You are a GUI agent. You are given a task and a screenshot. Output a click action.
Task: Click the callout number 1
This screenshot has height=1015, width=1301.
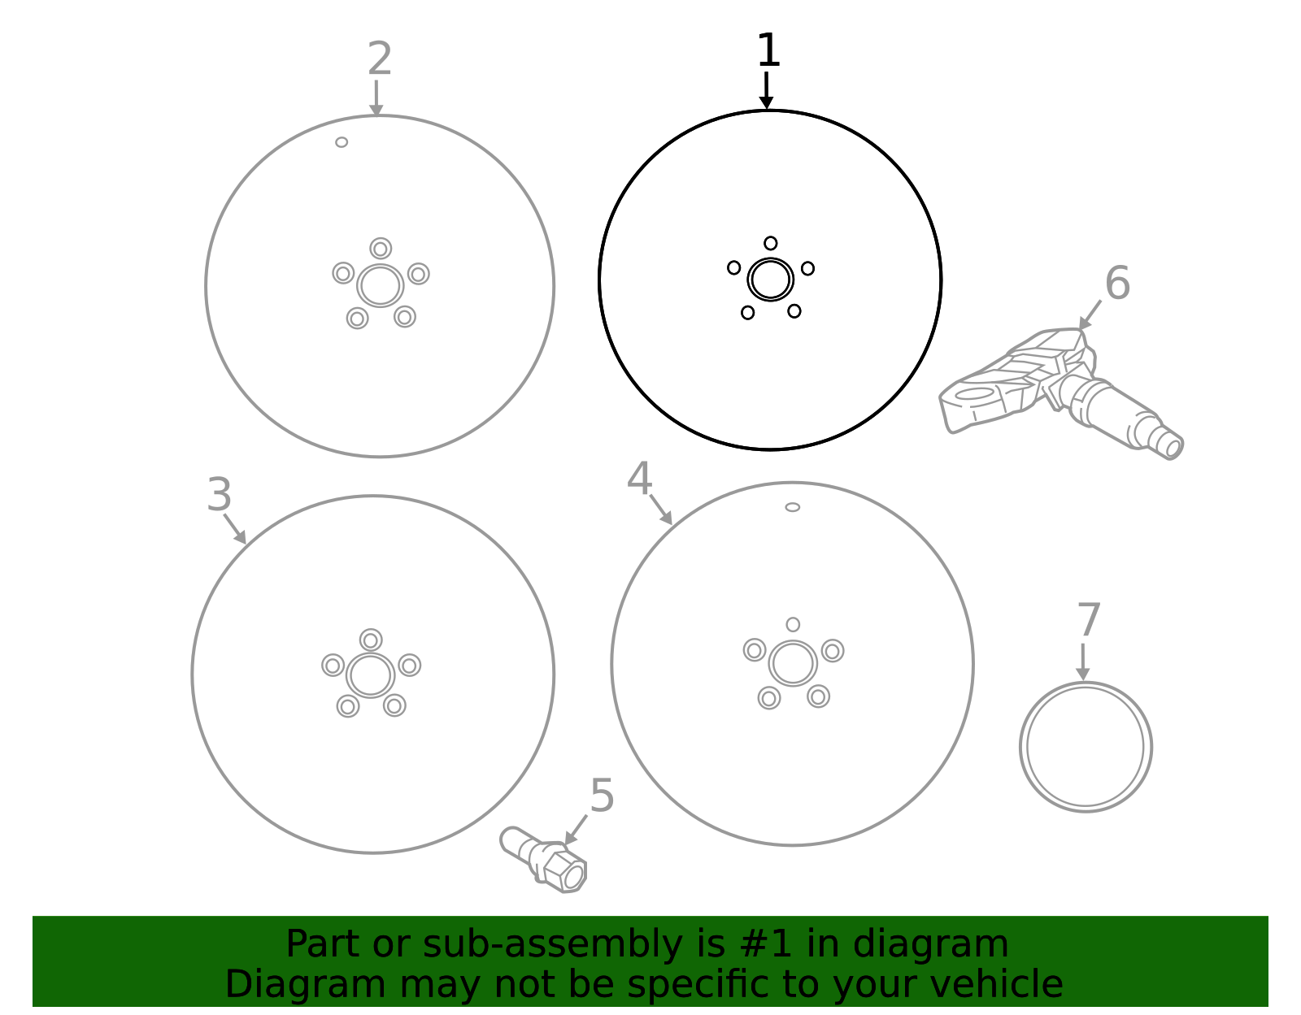tap(768, 50)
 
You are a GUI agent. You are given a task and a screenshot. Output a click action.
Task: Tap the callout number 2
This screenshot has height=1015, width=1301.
tap(380, 59)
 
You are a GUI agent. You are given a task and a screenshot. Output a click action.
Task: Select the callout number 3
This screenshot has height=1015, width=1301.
tap(219, 495)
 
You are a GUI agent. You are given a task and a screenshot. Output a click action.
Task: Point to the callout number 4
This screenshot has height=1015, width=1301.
tap(639, 479)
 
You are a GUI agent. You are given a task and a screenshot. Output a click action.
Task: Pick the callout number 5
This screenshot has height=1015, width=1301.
tap(603, 796)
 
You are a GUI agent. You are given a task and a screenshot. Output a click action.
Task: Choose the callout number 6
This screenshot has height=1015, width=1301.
tap(1117, 283)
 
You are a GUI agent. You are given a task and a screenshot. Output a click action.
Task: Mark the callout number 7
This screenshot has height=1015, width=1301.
tap(1089, 620)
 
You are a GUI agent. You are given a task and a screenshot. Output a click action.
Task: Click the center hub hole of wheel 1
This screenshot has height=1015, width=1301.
tap(771, 280)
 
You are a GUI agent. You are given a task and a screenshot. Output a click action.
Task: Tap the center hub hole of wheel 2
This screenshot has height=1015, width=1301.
tap(381, 286)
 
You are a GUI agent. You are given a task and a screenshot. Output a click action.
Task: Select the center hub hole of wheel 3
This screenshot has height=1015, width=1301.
tap(370, 676)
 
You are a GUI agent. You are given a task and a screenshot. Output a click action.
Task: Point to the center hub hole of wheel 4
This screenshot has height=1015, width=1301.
tap(793, 663)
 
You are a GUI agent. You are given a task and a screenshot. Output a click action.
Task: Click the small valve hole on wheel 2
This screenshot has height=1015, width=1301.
tap(342, 142)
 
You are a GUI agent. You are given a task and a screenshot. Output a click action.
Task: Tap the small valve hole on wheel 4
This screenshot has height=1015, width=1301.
tap(792, 507)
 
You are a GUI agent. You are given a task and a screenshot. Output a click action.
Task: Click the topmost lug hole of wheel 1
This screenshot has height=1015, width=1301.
tap(771, 244)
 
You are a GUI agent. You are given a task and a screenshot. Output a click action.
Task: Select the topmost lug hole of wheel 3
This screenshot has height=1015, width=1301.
tap(371, 640)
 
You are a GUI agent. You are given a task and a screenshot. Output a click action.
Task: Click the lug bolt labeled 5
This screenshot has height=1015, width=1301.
tap(543, 860)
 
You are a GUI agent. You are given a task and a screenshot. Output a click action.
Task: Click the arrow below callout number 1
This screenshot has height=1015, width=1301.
tap(766, 91)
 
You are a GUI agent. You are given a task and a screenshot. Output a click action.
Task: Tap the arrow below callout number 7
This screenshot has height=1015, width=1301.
tap(1082, 662)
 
